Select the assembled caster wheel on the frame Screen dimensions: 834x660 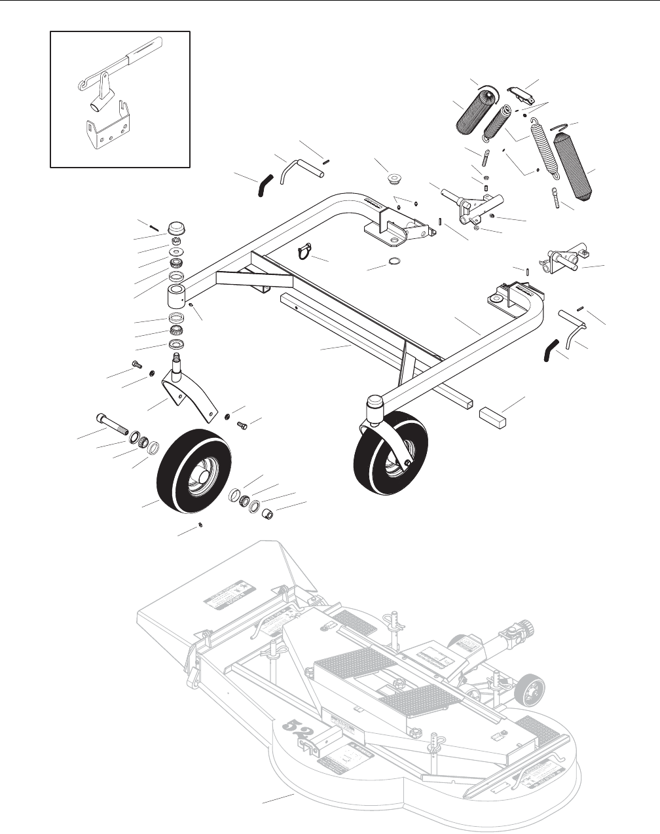tap(391, 452)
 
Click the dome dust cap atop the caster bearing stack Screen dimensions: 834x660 tap(175, 230)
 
